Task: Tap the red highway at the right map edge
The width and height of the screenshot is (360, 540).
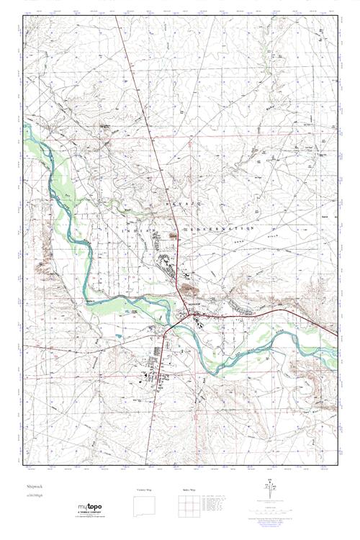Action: coord(336,334)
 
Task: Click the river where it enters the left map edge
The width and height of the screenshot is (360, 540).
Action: coord(26,127)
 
